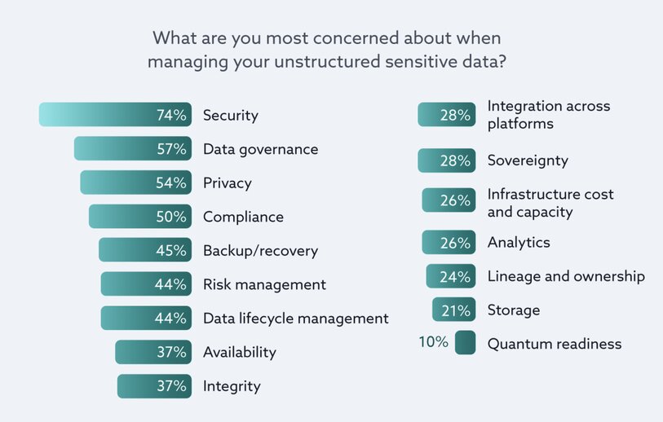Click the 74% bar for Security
tap(115, 115)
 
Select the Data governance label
tap(260, 149)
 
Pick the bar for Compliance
tap(139, 217)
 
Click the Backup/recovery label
tap(260, 251)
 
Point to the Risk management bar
tap(146, 284)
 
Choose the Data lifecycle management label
tap(295, 319)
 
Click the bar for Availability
tap(152, 352)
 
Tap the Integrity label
tap(232, 386)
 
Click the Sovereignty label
tap(528, 160)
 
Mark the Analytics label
tap(519, 242)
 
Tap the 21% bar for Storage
tap(453, 310)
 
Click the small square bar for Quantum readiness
tap(466, 343)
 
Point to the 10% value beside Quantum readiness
tap(433, 342)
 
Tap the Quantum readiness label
tap(555, 344)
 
